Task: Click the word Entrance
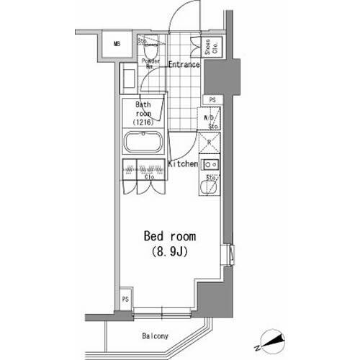[x=184, y=65]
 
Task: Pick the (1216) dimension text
[x=143, y=121]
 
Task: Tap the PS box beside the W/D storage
[x=212, y=100]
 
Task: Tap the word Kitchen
[x=183, y=164]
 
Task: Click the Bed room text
[x=171, y=237]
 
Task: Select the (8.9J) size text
[x=171, y=252]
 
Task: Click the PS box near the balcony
[x=125, y=300]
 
